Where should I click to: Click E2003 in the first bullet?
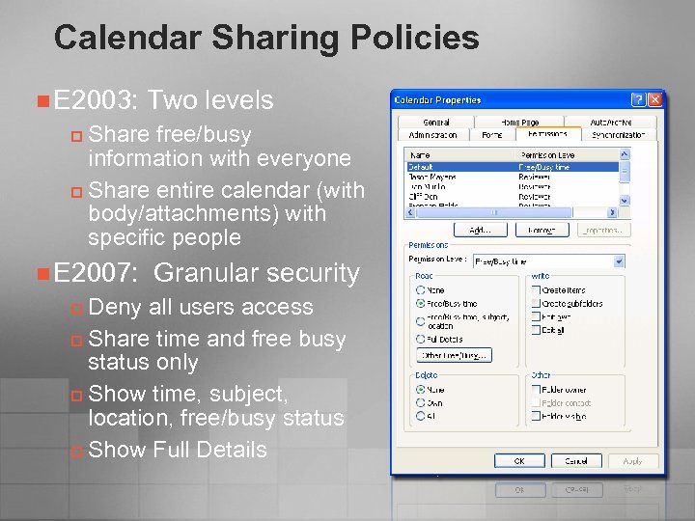(96, 100)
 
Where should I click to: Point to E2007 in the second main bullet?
(96, 273)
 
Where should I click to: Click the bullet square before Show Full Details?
(77, 452)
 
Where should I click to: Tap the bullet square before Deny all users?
(77, 309)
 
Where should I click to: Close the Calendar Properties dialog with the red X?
(655, 99)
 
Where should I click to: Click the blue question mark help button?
(638, 99)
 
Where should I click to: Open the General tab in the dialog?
(436, 123)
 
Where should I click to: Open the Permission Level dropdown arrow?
(619, 260)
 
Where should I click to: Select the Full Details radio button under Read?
(421, 339)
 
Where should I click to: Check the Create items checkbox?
(536, 289)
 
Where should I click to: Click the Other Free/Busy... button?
(454, 355)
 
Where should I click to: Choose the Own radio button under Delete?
(421, 403)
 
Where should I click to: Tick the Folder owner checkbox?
(536, 390)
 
